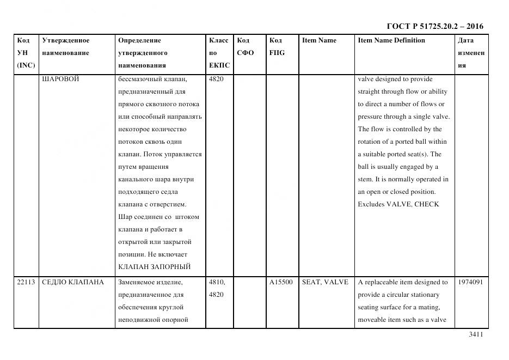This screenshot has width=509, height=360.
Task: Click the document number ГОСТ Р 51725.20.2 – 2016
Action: [x=434, y=26]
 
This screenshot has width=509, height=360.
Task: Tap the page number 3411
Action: [x=475, y=335]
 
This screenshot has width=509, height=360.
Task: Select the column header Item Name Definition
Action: [x=391, y=40]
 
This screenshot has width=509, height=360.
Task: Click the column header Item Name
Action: [x=319, y=40]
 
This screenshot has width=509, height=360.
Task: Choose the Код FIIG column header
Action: [x=277, y=47]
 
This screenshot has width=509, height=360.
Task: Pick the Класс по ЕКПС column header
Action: [x=219, y=53]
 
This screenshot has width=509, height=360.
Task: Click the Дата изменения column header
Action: [x=470, y=53]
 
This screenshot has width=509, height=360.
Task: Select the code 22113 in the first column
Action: [x=26, y=282]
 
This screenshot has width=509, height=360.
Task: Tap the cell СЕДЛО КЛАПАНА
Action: [x=72, y=282]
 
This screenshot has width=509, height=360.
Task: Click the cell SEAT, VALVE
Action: [x=325, y=282]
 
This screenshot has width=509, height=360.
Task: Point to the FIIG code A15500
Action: [x=281, y=282]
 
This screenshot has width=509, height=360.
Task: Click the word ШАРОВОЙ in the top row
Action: [x=60, y=79]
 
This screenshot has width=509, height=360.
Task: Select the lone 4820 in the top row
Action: [x=216, y=79]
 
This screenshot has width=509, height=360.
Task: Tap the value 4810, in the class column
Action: [x=217, y=282]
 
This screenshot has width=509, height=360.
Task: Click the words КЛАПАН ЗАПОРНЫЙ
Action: [x=154, y=267]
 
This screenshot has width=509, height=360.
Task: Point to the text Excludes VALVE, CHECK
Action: [x=398, y=204]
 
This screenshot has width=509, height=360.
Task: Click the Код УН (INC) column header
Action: [x=26, y=53]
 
